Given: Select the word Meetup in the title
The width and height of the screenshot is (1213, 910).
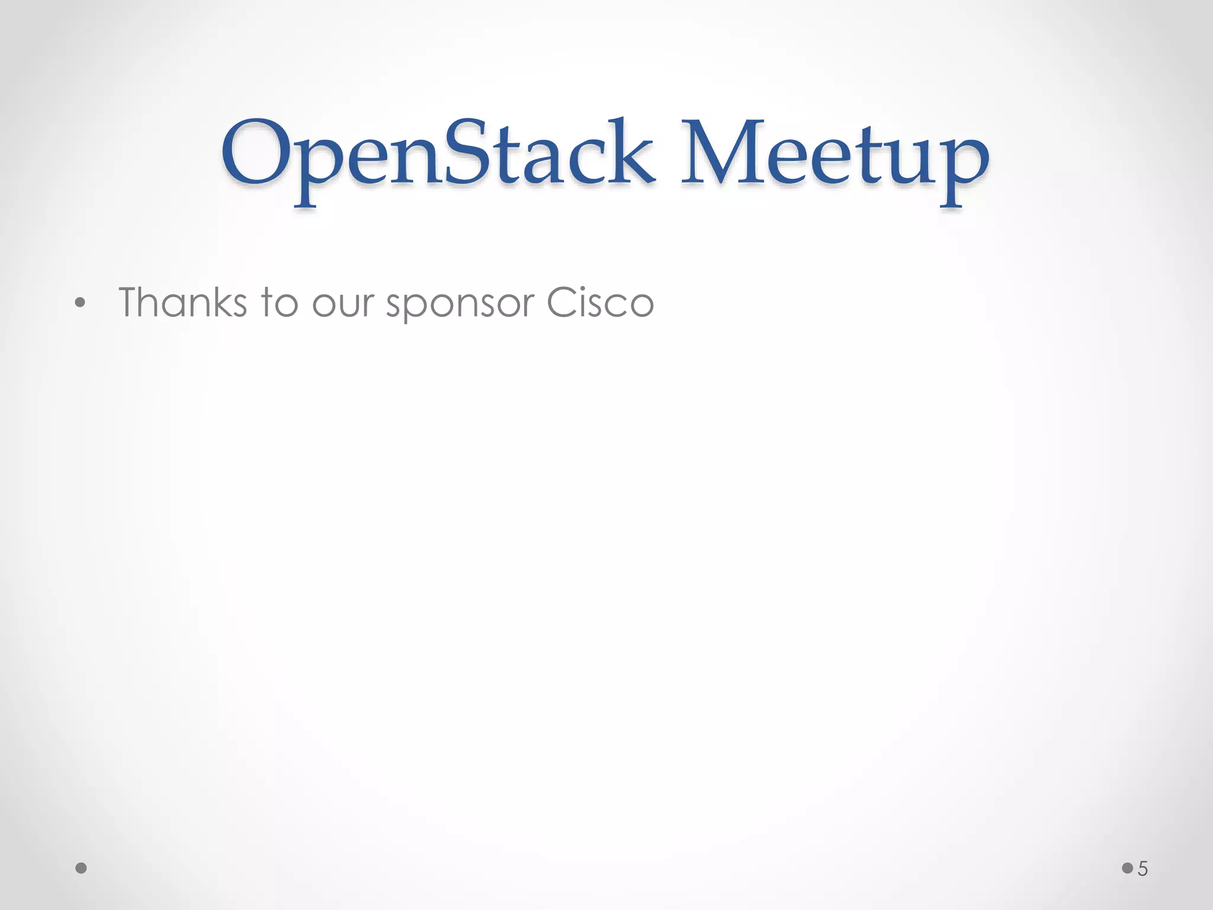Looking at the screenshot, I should (x=835, y=155).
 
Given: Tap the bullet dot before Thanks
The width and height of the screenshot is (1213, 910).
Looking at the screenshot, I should (x=81, y=303).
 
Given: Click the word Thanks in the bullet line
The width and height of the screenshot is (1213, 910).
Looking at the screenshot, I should (x=182, y=303).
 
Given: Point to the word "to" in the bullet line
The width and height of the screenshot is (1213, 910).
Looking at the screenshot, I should (x=279, y=303).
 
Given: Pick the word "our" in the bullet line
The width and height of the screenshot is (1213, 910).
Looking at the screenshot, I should (x=344, y=306).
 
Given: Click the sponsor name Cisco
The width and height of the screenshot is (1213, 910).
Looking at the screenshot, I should (x=600, y=303).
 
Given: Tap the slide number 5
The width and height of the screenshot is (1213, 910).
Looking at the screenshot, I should (x=1143, y=869).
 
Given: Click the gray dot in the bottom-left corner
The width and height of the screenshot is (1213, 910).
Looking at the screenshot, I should (x=81, y=868).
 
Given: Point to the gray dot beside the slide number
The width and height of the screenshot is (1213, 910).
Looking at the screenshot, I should (x=1127, y=868).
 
